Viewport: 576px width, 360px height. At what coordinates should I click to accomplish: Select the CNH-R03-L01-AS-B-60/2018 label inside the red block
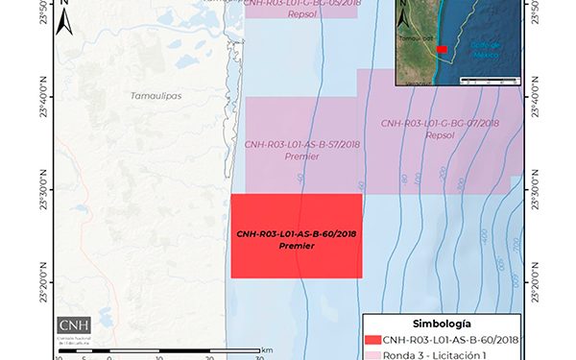(x=297, y=234)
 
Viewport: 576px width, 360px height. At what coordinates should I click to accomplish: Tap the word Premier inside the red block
(x=297, y=247)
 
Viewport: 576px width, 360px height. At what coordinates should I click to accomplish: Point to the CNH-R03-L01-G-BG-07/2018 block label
(x=440, y=124)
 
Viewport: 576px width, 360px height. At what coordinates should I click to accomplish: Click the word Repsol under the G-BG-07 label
(x=440, y=135)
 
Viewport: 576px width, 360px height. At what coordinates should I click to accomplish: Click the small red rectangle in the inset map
(x=443, y=48)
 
